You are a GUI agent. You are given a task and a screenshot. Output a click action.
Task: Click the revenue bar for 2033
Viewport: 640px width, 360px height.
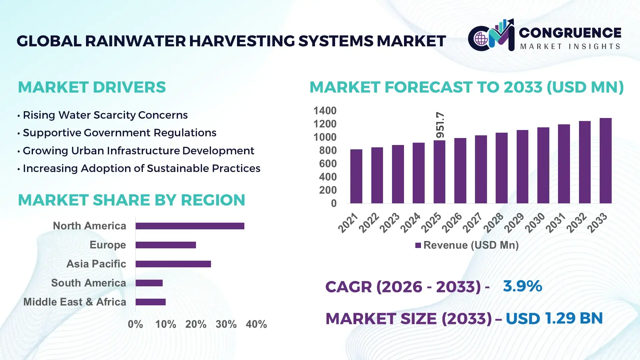pyautogui.click(x=605, y=161)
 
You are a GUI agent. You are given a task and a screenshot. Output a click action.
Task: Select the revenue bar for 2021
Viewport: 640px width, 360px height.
pyautogui.click(x=356, y=176)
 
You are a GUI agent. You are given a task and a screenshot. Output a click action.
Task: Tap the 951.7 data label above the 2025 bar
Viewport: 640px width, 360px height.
pyautogui.click(x=440, y=125)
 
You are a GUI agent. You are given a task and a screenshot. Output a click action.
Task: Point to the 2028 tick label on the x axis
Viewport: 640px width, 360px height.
pyautogui.click(x=493, y=222)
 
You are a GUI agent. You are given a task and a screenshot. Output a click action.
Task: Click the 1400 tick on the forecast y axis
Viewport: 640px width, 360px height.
pyautogui.click(x=325, y=111)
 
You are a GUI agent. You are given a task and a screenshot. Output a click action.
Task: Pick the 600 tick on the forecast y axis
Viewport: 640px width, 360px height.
pyautogui.click(x=328, y=164)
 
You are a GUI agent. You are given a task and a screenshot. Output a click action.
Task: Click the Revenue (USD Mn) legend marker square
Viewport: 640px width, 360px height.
pyautogui.click(x=418, y=245)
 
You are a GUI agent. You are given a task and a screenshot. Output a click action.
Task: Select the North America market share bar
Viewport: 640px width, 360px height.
pyautogui.click(x=190, y=226)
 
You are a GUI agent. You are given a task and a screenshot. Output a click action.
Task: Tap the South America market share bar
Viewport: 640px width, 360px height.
pyautogui.click(x=149, y=283)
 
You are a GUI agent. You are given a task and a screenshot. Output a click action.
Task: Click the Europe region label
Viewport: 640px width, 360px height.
pyautogui.click(x=108, y=245)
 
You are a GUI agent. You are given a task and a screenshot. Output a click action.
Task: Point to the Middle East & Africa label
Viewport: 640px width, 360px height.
pyautogui.click(x=75, y=302)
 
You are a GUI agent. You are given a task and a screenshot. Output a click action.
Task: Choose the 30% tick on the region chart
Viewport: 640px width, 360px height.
pyautogui.click(x=226, y=324)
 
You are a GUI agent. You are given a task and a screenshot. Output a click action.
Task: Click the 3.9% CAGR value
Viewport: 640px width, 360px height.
pyautogui.click(x=522, y=286)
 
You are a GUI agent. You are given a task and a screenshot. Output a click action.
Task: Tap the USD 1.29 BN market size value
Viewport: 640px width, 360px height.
pyautogui.click(x=554, y=318)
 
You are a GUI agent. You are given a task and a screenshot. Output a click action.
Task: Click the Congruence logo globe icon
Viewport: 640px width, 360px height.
pyautogui.click(x=481, y=39)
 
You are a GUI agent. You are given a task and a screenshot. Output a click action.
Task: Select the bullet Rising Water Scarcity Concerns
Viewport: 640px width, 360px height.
pyautogui.click(x=105, y=115)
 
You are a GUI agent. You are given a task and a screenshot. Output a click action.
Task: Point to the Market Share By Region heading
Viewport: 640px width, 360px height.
pyautogui.click(x=131, y=200)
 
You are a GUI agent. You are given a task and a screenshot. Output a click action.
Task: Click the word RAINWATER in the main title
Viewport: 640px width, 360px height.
pyautogui.click(x=135, y=41)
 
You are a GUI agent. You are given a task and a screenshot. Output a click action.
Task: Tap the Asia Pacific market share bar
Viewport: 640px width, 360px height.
pyautogui.click(x=173, y=264)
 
